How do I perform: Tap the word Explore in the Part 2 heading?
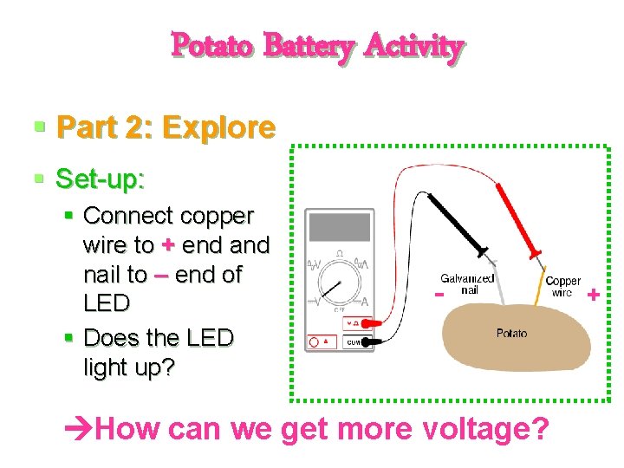(218, 128)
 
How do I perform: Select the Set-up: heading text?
(100, 179)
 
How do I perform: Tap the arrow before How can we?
(80, 428)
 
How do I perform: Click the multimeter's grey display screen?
(340, 227)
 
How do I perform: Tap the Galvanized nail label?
(468, 284)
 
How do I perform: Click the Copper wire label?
(562, 287)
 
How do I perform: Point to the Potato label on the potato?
(511, 334)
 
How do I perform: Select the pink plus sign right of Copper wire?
(594, 296)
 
